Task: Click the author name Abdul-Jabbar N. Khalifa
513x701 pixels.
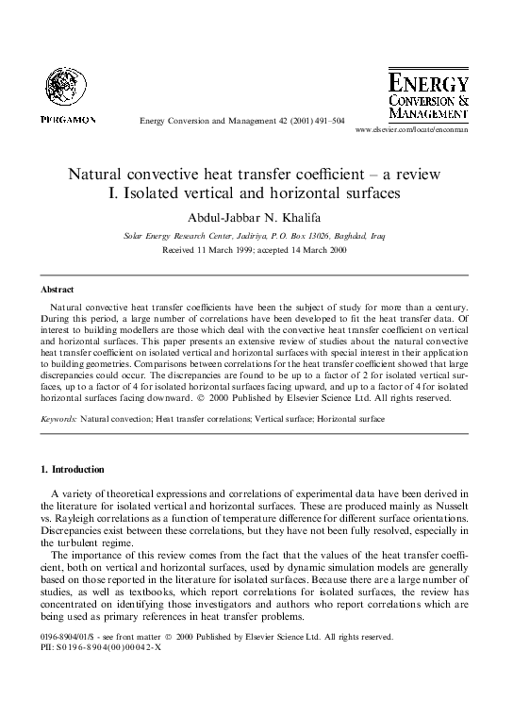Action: (255, 216)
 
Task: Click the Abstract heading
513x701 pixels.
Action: (58, 290)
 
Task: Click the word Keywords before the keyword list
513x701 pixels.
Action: (58, 416)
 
